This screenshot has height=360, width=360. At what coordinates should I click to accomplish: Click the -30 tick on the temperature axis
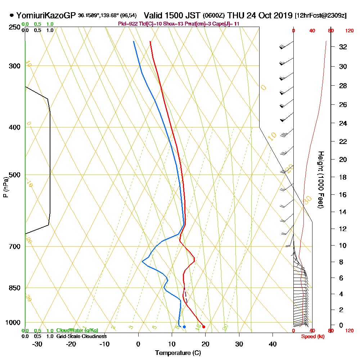(x=37, y=344)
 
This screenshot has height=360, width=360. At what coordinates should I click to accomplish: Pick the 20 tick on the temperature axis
(x=205, y=344)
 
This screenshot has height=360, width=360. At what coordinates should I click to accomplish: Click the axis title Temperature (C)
(x=177, y=353)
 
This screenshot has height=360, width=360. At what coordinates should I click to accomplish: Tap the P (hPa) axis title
(x=5, y=187)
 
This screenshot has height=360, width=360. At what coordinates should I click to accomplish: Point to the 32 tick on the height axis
(x=342, y=47)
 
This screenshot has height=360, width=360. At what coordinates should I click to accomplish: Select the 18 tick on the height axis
(x=342, y=177)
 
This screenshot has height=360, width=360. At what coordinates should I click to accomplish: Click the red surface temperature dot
(x=204, y=327)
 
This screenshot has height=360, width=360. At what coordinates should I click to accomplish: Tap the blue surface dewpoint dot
(x=184, y=327)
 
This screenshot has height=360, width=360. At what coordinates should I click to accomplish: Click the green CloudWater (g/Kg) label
(x=77, y=330)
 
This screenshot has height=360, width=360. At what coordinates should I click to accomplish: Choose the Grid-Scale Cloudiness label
(x=81, y=336)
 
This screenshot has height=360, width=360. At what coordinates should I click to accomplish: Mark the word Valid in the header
(x=154, y=15)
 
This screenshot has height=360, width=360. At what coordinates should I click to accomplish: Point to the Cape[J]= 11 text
(x=228, y=24)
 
